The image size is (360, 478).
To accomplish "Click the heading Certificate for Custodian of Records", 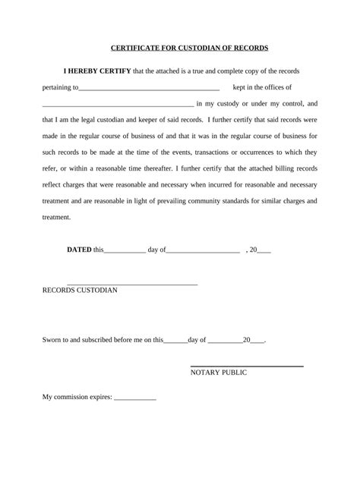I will (x=179, y=48).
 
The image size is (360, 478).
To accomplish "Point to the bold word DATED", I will (x=79, y=249).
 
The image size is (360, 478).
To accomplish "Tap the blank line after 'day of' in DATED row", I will (x=203, y=251).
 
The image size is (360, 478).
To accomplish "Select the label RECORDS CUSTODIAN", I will (x=80, y=291).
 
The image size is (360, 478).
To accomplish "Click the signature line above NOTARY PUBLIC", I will (x=246, y=366).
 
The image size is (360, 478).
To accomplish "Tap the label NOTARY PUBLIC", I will (x=218, y=373).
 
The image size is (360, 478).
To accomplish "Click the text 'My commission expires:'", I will (x=77, y=397).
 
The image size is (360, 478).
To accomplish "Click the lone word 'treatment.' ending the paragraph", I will (x=56, y=217).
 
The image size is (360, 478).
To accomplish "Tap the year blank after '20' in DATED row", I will (x=264, y=251).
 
